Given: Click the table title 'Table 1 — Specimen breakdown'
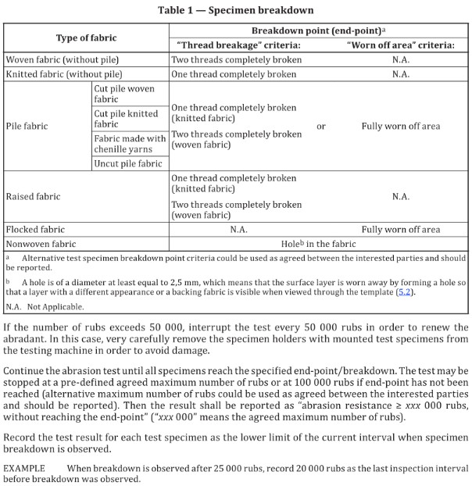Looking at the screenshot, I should (x=237, y=10).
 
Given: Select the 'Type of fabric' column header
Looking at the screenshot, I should (x=86, y=38).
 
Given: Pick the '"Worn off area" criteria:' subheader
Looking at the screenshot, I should (x=400, y=45).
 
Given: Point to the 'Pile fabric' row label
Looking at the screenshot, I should (x=27, y=126).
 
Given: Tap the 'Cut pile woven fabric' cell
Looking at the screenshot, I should (x=125, y=94).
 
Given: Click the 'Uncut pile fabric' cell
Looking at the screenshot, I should (x=128, y=163).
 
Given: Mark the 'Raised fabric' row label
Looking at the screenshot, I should (x=32, y=196).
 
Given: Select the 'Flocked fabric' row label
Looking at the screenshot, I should (x=35, y=230).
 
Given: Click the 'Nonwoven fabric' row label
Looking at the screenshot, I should (x=41, y=244).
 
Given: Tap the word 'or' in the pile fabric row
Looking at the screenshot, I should (x=320, y=126).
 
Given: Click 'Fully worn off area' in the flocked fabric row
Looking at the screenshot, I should (x=400, y=230).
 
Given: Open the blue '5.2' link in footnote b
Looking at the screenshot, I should (x=404, y=291).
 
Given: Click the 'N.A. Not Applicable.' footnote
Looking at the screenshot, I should (x=45, y=306).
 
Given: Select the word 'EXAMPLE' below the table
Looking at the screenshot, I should (x=25, y=467).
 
